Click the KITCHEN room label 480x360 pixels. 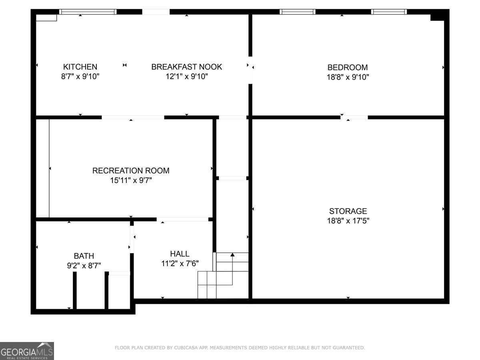80,67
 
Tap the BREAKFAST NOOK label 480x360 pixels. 186,67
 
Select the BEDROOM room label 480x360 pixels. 348,67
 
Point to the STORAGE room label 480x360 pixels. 348,211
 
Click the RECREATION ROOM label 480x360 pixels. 131,170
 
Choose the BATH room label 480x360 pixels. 84,256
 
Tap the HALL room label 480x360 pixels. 180,254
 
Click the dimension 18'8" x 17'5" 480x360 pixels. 348,221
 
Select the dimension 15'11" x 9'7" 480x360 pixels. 131,180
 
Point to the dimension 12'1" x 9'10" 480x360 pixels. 186,76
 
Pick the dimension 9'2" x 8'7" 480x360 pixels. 84,266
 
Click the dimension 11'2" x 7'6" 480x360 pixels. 180,263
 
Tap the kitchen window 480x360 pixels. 88,12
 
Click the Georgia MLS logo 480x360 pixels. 27,351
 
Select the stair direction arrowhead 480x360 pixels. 232,254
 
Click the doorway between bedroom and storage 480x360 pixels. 354,117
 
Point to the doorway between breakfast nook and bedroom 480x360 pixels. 250,70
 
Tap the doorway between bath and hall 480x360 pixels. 132,240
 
